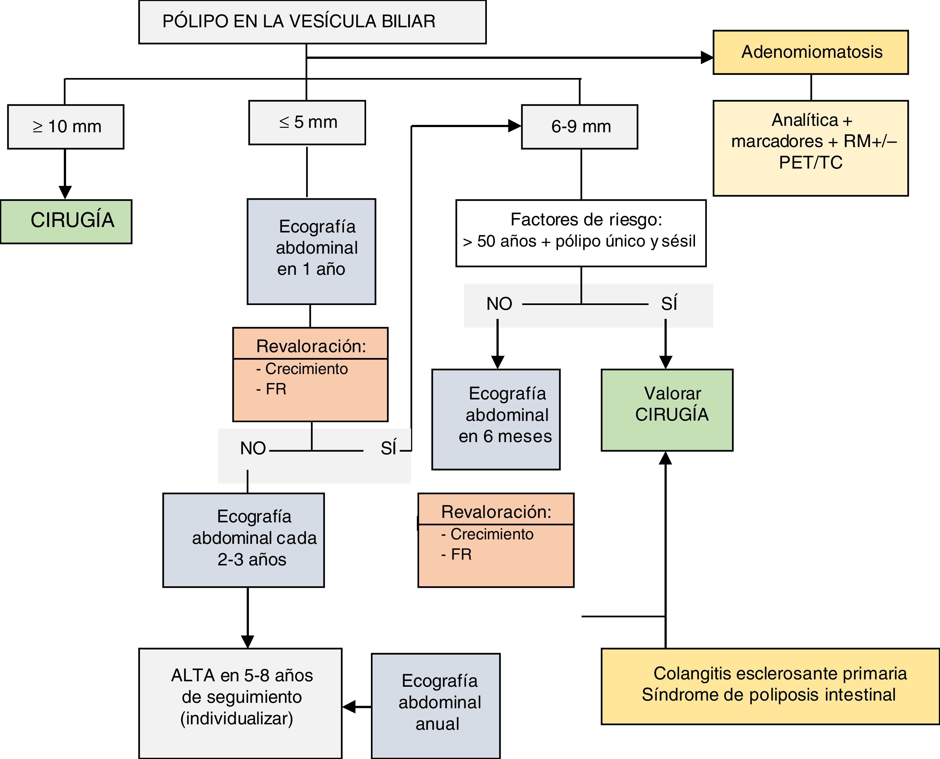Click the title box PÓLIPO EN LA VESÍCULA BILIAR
[312, 22]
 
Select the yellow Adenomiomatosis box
[811, 52]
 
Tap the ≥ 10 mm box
[66, 127]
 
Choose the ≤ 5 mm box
[307, 122]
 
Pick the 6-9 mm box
[579, 127]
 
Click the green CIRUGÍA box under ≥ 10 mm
[66, 222]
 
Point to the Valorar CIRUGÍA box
[667, 410]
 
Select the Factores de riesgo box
[581, 233]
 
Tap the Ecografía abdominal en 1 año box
[311, 251]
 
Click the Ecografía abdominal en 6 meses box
[496, 419]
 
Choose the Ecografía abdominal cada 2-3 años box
[243, 540]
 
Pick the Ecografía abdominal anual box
[435, 706]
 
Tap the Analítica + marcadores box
[811, 148]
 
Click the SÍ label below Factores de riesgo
[669, 303]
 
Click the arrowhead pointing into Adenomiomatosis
[707, 57]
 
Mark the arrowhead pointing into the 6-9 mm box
[515, 126]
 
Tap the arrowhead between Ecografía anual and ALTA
[349, 707]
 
